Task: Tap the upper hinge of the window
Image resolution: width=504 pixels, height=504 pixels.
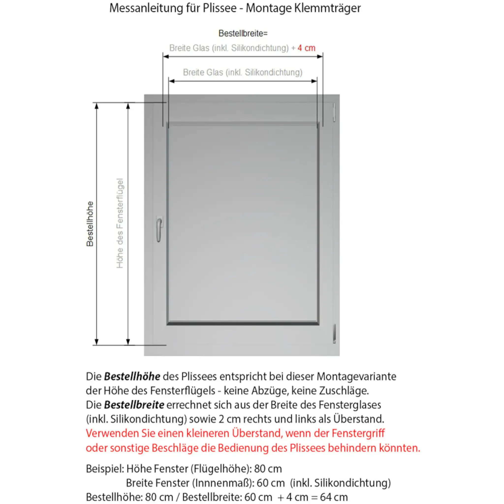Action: click(x=334, y=112)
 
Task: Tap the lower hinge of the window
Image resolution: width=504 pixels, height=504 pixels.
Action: click(x=334, y=334)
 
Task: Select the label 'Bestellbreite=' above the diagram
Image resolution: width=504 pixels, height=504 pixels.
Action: click(x=243, y=33)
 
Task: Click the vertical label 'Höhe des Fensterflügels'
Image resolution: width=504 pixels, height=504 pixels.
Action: click(x=120, y=223)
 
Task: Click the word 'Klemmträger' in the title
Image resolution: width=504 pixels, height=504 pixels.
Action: click(x=327, y=8)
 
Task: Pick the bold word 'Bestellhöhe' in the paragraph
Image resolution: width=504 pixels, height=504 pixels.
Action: click(x=132, y=377)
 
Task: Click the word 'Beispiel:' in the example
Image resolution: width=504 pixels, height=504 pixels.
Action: click(x=105, y=469)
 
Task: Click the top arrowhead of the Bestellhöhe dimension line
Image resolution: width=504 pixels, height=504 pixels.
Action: click(x=96, y=106)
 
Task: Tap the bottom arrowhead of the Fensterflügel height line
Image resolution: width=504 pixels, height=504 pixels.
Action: click(x=128, y=342)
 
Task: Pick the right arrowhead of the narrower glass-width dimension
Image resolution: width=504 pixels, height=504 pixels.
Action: click(x=314, y=81)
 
